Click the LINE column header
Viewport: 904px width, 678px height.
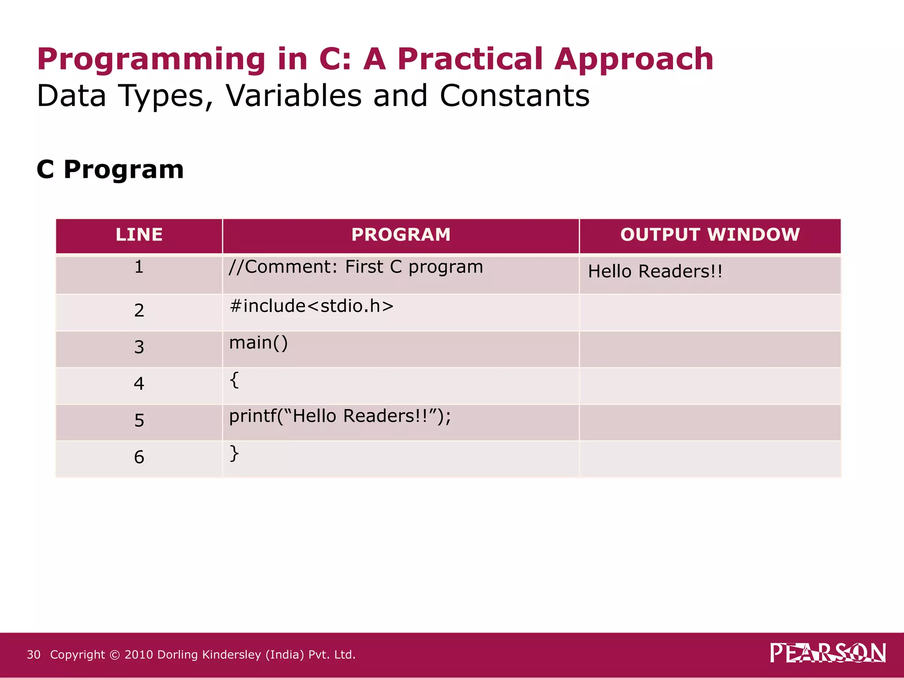pyautogui.click(x=139, y=234)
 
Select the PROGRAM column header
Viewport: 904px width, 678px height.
pyautogui.click(x=401, y=234)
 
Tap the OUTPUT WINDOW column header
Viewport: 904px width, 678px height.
pyautogui.click(x=710, y=234)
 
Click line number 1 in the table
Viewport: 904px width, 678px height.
pyautogui.click(x=139, y=267)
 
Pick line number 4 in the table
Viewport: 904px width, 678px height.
pyautogui.click(x=139, y=383)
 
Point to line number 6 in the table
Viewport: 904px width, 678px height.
pyautogui.click(x=139, y=457)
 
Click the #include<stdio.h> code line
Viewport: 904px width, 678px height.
pyautogui.click(x=311, y=306)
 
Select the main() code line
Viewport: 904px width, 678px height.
pyautogui.click(x=258, y=343)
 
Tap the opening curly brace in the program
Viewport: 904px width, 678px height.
pyautogui.click(x=234, y=380)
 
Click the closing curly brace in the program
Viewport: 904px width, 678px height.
pyautogui.click(x=234, y=453)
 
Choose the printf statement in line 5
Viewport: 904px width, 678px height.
pyautogui.click(x=340, y=416)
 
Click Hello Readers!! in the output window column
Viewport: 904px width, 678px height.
pyautogui.click(x=655, y=271)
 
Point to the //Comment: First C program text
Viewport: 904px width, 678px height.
pyautogui.click(x=356, y=267)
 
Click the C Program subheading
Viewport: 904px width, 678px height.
pyautogui.click(x=110, y=169)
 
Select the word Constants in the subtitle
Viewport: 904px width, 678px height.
pyautogui.click(x=514, y=96)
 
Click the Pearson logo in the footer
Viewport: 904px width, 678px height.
pyautogui.click(x=828, y=653)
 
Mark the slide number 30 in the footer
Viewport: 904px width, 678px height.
pyautogui.click(x=34, y=655)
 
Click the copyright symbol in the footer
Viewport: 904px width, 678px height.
pyautogui.click(x=114, y=655)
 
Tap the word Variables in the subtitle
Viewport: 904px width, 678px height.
pyautogui.click(x=294, y=96)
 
